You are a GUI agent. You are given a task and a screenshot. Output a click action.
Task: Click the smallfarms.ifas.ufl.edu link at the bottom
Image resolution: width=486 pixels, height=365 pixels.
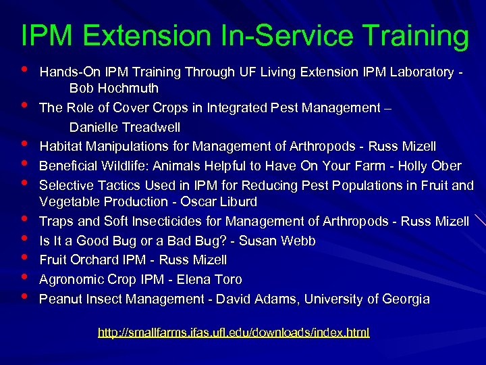pos(234,333)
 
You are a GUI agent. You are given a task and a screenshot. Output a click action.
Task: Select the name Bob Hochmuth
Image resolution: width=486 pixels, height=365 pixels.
pos(114,89)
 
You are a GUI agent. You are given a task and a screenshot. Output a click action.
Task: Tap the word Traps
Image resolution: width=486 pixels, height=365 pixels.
pos(55,221)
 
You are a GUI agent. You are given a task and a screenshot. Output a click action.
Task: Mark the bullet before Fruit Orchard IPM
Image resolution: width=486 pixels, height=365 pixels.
pos(25,258)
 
